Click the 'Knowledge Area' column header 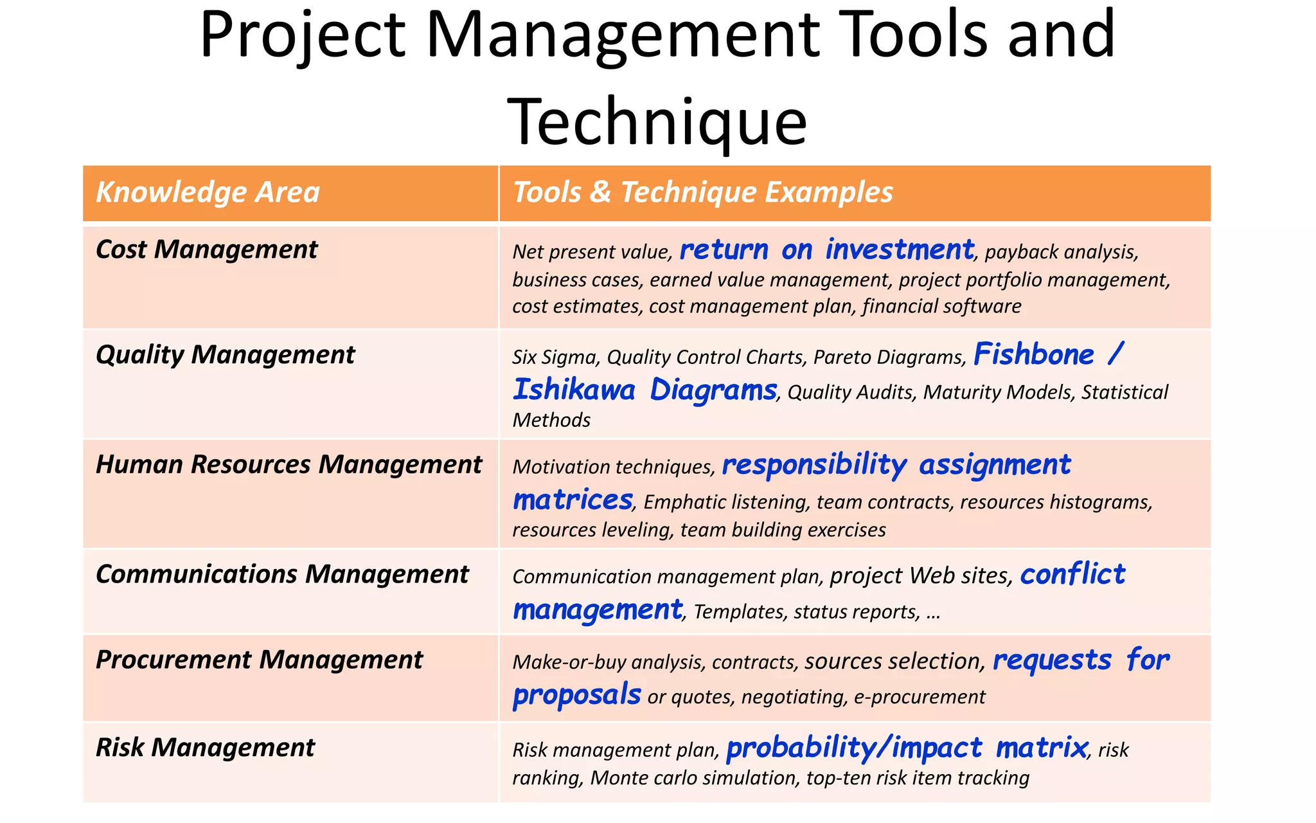tap(208, 192)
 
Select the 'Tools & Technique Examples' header tap(702, 192)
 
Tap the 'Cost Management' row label tap(206, 249)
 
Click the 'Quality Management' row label tap(225, 355)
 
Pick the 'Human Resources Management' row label tap(289, 465)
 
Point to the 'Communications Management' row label tap(282, 574)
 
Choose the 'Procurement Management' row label tap(259, 660)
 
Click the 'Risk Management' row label tap(205, 748)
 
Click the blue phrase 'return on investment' tap(826, 249)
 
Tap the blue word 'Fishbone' tap(1033, 355)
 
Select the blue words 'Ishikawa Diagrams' tap(645, 390)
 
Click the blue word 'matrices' tap(573, 500)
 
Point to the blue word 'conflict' tap(1072, 574)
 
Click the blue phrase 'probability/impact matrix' tap(906, 748)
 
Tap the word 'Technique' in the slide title tap(657, 121)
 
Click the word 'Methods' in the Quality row tap(551, 421)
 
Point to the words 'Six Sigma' tap(555, 357)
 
